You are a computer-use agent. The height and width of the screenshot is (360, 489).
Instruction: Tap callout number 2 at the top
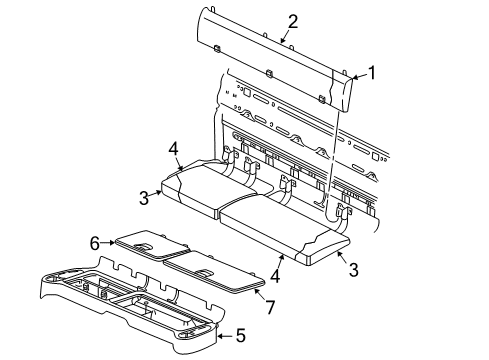[293, 21]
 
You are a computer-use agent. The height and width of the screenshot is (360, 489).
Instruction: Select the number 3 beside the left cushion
[144, 197]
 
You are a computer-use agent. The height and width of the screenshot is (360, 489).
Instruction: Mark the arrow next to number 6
[110, 243]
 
